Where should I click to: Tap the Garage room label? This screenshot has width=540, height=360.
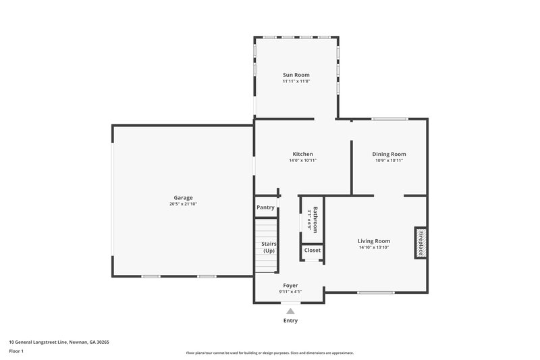183,198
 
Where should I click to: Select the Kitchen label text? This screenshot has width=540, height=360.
302,154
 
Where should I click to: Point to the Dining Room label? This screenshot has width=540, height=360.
390,154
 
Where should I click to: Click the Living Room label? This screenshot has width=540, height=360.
374,240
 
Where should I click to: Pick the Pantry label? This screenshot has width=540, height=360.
265,207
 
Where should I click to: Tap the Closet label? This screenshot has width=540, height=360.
313,251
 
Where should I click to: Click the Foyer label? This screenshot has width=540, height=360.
290,286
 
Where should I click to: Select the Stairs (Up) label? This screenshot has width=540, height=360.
269,247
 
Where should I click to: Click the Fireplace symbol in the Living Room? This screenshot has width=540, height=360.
420,242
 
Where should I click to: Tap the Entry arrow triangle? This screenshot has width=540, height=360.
290,311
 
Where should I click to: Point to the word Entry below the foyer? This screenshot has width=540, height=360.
290,321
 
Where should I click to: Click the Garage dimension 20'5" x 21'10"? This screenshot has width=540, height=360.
183,204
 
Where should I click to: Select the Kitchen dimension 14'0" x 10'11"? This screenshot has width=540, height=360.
302,160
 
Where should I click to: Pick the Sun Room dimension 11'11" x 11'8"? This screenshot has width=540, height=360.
296,81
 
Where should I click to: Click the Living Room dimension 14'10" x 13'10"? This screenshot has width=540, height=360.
374,247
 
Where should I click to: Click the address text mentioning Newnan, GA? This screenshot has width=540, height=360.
59,342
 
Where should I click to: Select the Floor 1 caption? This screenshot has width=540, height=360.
17,351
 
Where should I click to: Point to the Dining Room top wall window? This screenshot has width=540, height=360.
389,120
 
